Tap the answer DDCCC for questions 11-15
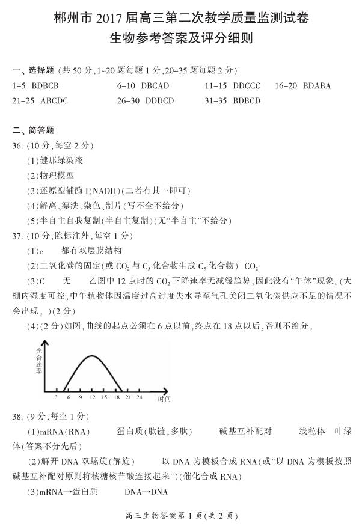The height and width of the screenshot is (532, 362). click(247, 86)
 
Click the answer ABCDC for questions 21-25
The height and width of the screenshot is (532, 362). click(54, 101)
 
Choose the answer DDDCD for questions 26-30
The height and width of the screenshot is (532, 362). click(160, 101)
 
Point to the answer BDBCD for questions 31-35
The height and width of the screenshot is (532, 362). click(247, 101)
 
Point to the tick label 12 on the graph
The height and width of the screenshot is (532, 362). click(92, 397)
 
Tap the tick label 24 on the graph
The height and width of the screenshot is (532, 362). click(139, 397)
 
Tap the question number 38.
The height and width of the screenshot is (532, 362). click(17, 416)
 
